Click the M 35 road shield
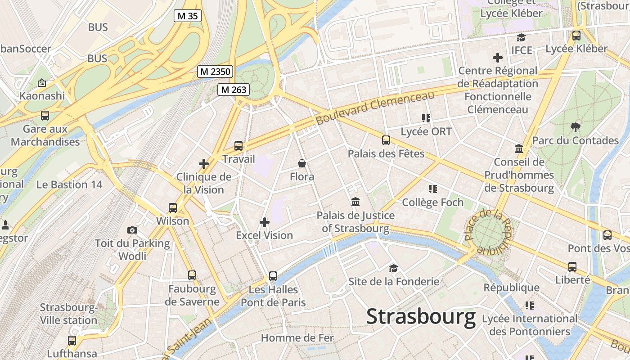pyautogui.click(x=187, y=16)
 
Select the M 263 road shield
pyautogui.click(x=233, y=90)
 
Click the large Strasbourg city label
pyautogui.click(x=421, y=316)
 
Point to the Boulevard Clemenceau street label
pyautogui.click(x=375, y=108)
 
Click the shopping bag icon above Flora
pyautogui.click(x=302, y=163)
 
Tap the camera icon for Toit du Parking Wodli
pyautogui.click(x=132, y=230)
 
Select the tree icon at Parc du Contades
pyautogui.click(x=575, y=126)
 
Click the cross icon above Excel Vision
pyautogui.click(x=265, y=222)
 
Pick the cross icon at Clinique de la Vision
pyautogui.click(x=204, y=164)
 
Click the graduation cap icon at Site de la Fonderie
pyautogui.click(x=394, y=268)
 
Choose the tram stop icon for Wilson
pyautogui.click(x=173, y=208)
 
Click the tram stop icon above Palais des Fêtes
pyautogui.click(x=386, y=140)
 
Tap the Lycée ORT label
pyautogui.click(x=426, y=132)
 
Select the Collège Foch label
pyautogui.click(x=432, y=202)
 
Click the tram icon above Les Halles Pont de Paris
pyautogui.click(x=273, y=276)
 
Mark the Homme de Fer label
pyautogui.click(x=297, y=337)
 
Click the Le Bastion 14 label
pyautogui.click(x=69, y=184)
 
